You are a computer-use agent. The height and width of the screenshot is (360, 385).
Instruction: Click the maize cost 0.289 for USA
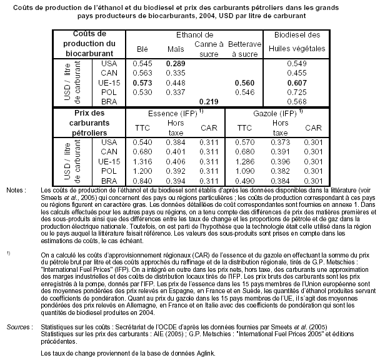[176, 64]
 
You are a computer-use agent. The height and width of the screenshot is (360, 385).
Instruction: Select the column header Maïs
[176, 48]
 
